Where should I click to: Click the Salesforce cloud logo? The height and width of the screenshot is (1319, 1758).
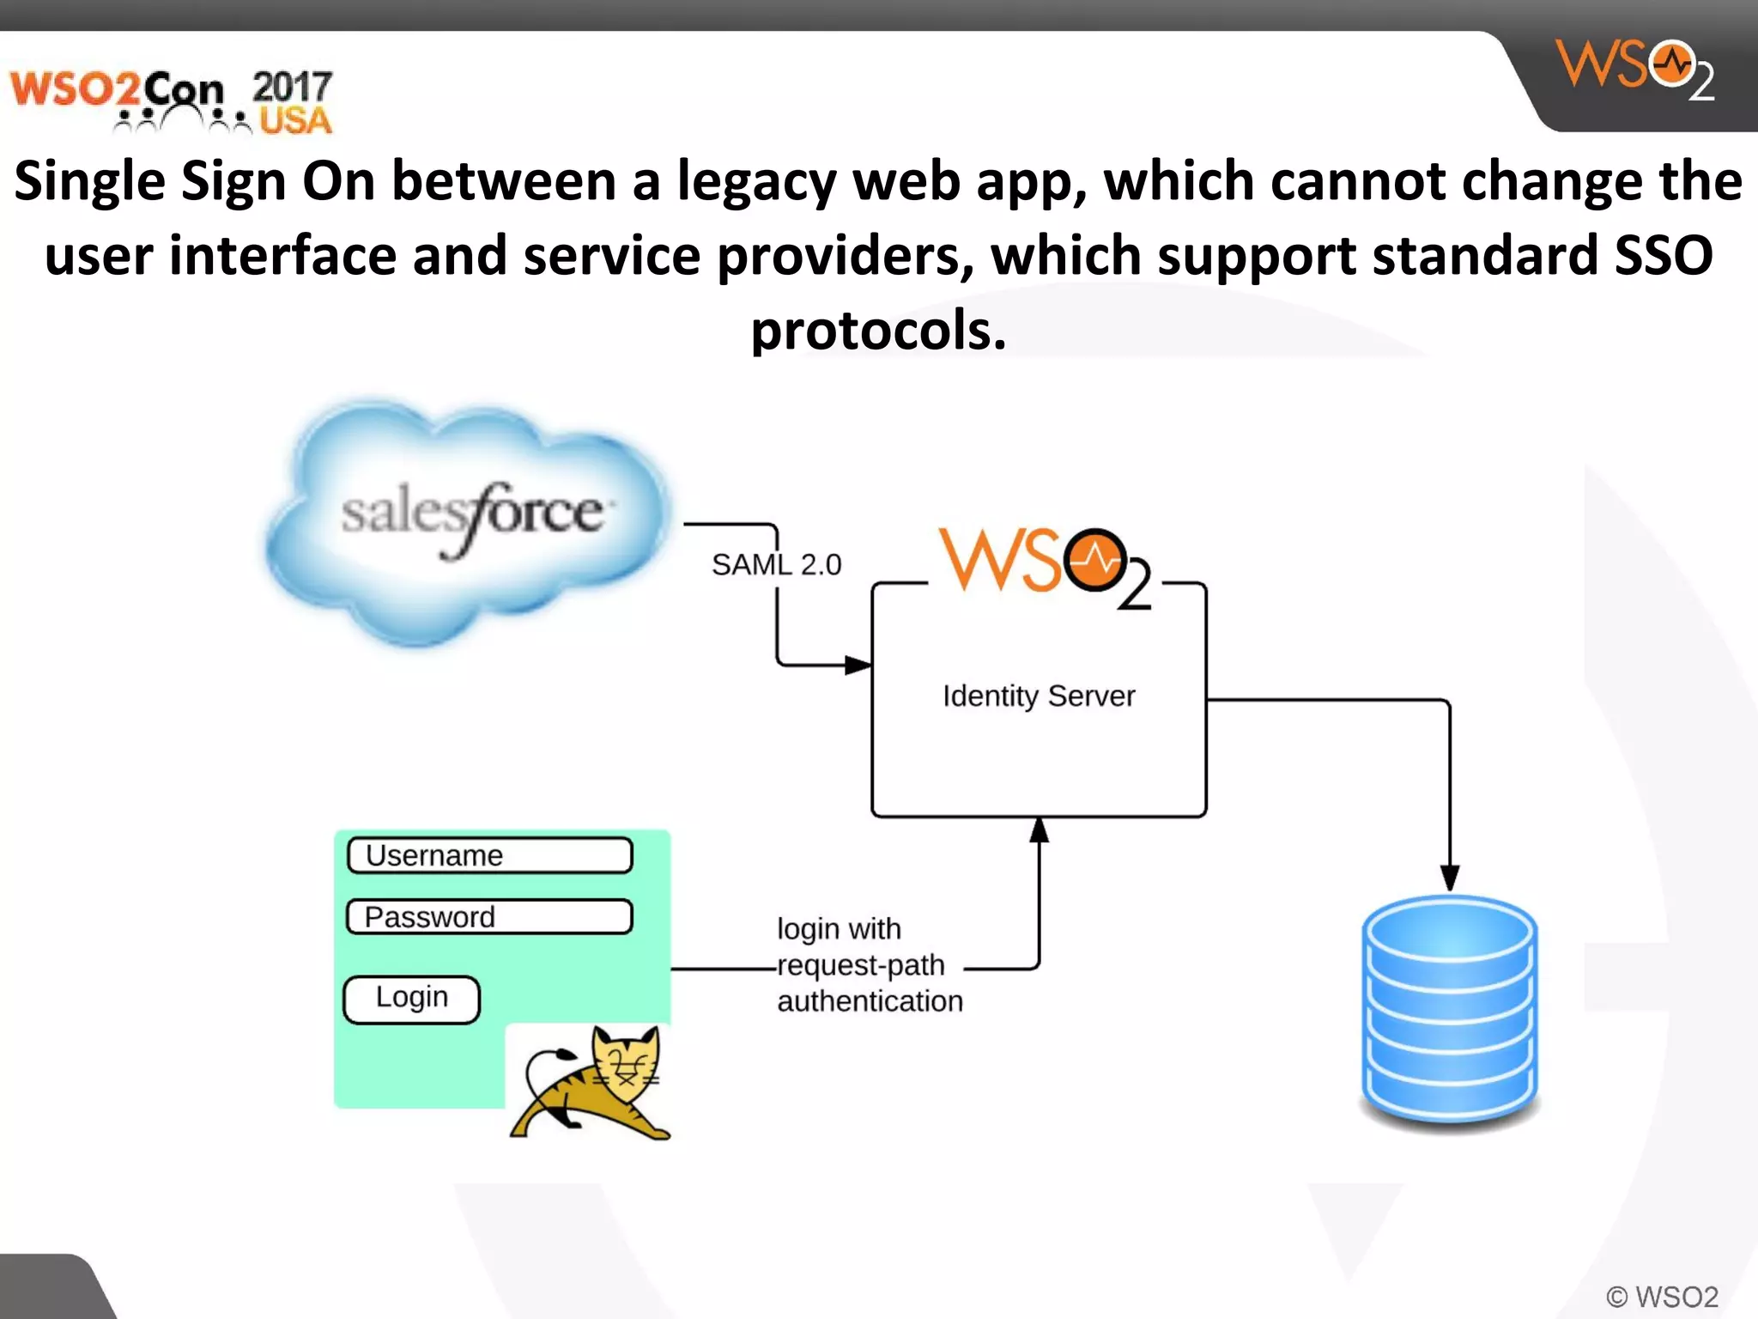[x=468, y=520]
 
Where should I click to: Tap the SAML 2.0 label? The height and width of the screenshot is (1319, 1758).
[x=776, y=565]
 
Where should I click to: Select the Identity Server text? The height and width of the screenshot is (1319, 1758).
[x=1039, y=696]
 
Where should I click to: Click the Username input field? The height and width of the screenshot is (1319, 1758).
[x=490, y=855]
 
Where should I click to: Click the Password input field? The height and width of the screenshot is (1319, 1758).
[x=490, y=917]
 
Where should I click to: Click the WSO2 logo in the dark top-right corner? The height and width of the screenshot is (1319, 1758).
[x=1634, y=69]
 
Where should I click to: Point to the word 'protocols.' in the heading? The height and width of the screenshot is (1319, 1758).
[x=878, y=331]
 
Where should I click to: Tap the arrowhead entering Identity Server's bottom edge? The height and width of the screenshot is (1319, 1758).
[x=1039, y=830]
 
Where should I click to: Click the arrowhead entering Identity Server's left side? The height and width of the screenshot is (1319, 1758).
[x=858, y=665]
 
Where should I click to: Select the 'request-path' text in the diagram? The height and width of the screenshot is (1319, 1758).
[x=861, y=965]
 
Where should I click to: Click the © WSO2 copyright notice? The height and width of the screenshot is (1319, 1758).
[x=1662, y=1296]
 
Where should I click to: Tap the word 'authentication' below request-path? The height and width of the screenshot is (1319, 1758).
[x=870, y=1001]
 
